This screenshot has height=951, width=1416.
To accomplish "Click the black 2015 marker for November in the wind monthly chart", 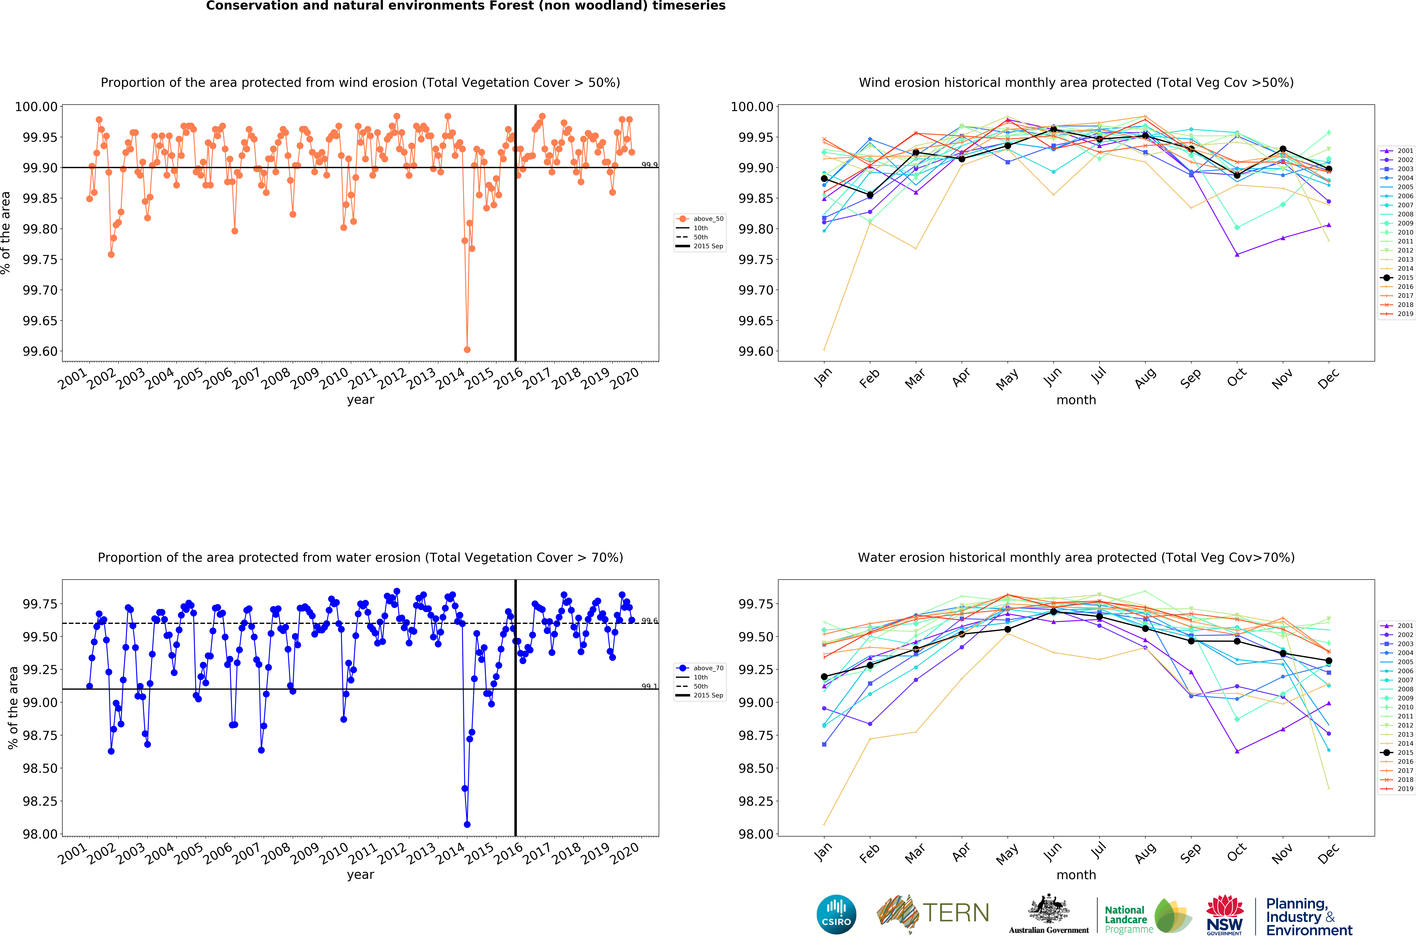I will point(1283,149).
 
